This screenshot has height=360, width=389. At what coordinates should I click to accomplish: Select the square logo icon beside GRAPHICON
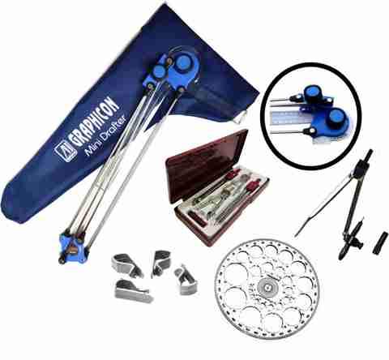[62, 148]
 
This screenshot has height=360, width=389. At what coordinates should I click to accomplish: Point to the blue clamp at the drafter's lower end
[73, 247]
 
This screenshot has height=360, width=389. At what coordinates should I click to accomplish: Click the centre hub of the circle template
[267, 287]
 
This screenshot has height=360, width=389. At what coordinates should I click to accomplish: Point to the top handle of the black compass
[367, 156]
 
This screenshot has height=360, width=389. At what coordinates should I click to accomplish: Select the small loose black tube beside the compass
[380, 242]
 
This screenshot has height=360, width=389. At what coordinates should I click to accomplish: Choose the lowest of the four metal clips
[132, 291]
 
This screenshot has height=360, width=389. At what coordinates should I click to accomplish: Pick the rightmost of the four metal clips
[186, 279]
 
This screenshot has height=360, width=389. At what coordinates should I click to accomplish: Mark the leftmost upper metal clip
[126, 264]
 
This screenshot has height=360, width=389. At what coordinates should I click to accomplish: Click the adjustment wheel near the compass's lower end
[358, 242]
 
